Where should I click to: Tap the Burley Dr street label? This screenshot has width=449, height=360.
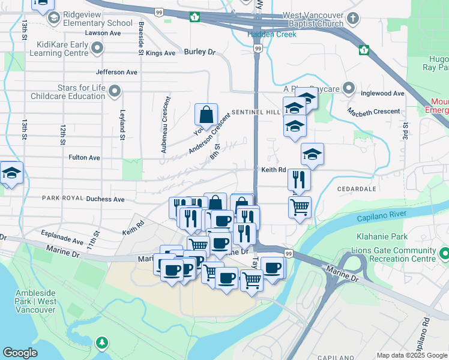[199, 52]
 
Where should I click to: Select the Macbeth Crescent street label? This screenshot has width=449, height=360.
[373, 112]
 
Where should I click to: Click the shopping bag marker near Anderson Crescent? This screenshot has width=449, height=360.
[206, 115]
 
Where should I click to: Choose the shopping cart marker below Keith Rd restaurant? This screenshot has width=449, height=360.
[300, 208]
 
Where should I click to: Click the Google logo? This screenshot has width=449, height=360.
[20, 353]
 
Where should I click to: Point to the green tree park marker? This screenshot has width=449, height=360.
[103, 343]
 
